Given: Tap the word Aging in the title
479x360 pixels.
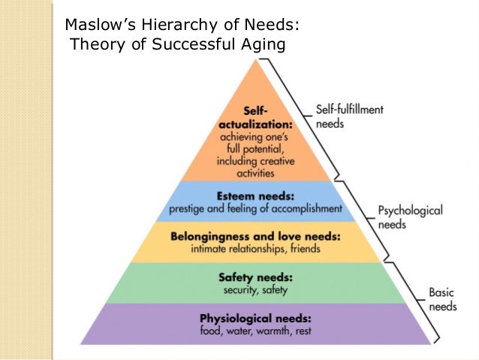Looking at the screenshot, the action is [x=264, y=45].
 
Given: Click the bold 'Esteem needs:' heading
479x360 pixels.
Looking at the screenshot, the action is [x=256, y=195].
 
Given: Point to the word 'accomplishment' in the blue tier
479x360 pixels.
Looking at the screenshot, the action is [x=305, y=207].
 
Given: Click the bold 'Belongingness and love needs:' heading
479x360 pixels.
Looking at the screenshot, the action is [x=256, y=236].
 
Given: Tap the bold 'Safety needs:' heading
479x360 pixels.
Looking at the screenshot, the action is [x=256, y=277].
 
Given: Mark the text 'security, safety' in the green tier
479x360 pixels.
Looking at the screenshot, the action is [x=256, y=289].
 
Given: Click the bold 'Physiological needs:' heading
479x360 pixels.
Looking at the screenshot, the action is [x=256, y=318].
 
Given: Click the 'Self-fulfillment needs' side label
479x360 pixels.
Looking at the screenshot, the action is [x=348, y=116].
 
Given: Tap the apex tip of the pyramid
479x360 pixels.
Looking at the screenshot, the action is [x=256, y=59].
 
